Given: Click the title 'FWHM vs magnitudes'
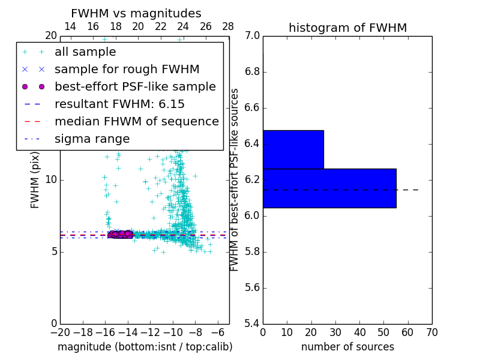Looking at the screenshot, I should (x=136, y=14).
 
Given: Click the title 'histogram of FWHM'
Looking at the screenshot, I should (x=347, y=28).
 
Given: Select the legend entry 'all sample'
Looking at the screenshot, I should (x=85, y=52).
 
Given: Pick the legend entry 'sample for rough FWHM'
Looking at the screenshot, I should (x=127, y=70).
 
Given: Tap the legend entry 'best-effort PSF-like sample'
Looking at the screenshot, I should (x=135, y=87).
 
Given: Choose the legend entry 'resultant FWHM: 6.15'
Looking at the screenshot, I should (x=119, y=104).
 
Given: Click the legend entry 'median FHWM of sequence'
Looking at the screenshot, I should (x=136, y=122).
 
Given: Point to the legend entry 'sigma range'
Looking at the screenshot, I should (x=92, y=139).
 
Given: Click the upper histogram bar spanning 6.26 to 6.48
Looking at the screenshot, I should (x=293, y=149).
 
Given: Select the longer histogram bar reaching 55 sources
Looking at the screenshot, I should (x=329, y=188).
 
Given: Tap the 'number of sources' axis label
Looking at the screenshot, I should (x=347, y=347).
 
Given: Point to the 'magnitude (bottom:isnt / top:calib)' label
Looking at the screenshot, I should (x=145, y=347).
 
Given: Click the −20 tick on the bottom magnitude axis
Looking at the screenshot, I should (x=60, y=332).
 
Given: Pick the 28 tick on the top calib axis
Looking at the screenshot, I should (x=228, y=26).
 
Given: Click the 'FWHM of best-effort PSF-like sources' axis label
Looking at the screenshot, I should (x=235, y=179).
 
